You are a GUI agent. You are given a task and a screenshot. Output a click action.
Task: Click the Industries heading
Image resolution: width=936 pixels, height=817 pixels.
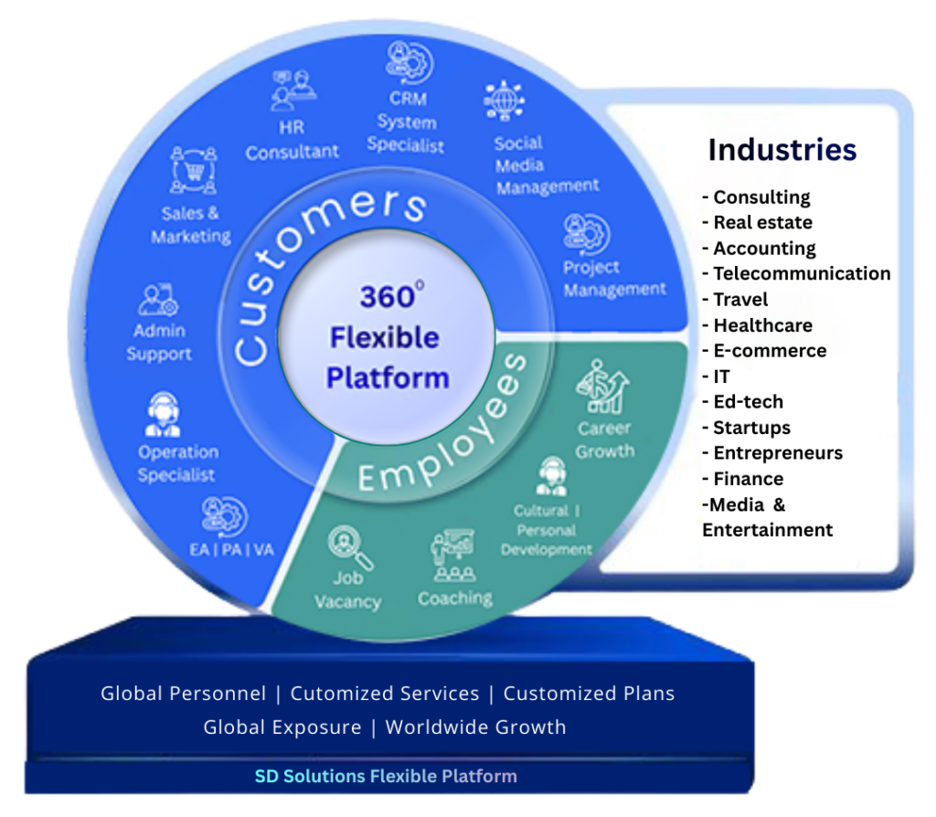click(782, 150)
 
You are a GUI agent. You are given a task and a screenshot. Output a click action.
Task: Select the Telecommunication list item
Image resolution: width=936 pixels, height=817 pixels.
click(801, 273)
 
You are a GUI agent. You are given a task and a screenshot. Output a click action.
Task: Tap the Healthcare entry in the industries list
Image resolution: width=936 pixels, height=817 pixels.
click(761, 324)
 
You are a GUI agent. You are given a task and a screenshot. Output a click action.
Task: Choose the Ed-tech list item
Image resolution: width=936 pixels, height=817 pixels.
click(747, 401)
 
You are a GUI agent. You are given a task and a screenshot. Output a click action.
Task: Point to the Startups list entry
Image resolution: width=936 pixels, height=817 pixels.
click(750, 427)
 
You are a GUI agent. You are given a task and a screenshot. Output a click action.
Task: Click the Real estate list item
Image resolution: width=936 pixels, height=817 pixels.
click(761, 222)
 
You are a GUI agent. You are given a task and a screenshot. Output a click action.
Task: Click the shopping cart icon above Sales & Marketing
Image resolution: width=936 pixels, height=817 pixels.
click(193, 171)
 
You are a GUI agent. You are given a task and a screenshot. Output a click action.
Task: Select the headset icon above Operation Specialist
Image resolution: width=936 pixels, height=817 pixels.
click(163, 414)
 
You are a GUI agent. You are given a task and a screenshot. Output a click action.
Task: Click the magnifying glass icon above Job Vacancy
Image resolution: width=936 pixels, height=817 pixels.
click(351, 547)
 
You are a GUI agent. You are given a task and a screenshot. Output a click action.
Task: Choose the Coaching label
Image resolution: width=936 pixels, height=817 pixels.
click(454, 599)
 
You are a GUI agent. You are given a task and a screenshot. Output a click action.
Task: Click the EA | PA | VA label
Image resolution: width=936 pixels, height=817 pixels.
click(226, 549)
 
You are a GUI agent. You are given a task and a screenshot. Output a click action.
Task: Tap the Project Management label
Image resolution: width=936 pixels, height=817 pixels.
click(614, 279)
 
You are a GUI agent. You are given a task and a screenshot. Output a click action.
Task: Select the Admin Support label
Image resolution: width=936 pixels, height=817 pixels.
click(159, 342)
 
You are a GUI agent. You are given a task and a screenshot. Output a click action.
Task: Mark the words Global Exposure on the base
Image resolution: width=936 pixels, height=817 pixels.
click(282, 727)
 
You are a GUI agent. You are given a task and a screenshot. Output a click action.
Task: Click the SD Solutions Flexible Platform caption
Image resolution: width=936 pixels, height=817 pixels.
click(385, 777)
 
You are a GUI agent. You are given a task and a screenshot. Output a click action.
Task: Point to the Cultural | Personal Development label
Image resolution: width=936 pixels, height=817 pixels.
click(546, 530)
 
